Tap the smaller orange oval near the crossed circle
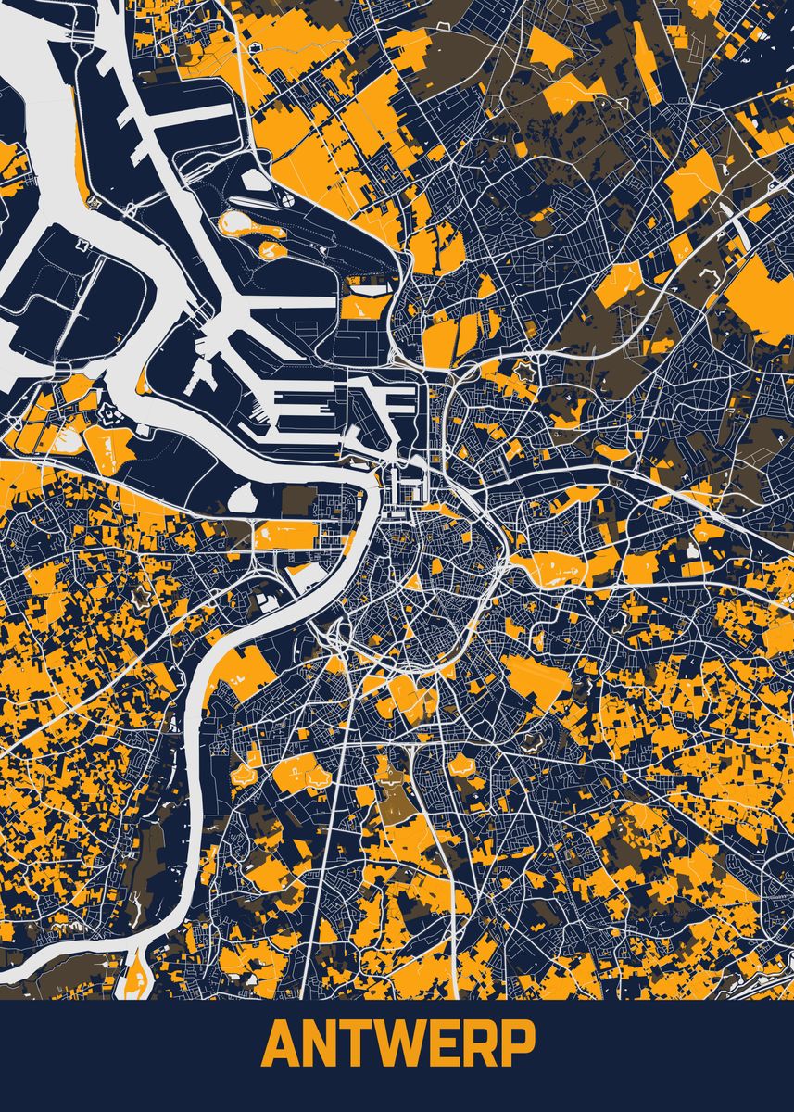(273, 250)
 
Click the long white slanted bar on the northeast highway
(738, 220)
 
